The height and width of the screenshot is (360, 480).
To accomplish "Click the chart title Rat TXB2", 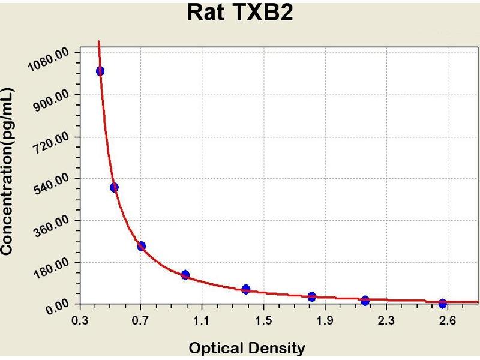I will (x=240, y=13).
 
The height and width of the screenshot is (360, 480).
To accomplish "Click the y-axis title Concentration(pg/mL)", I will (x=8, y=172).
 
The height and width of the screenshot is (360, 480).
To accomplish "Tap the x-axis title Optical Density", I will (x=247, y=347).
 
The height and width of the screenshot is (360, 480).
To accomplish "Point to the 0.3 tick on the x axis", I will (x=79, y=321).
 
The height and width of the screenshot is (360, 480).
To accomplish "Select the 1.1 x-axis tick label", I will (x=202, y=321).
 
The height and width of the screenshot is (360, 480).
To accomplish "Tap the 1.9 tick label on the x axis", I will (x=325, y=321).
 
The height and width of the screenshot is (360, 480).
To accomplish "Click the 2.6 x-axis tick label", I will (x=447, y=321).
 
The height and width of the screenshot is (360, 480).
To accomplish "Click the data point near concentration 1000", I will (x=100, y=71).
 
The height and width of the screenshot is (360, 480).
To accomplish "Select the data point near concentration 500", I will (x=115, y=187).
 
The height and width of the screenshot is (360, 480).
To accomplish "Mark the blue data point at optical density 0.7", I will (x=142, y=246).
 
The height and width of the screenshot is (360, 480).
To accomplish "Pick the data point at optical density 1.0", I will (x=185, y=275).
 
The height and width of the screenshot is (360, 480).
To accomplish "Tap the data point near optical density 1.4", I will (x=246, y=289).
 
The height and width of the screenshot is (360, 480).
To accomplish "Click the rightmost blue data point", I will (x=443, y=304).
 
